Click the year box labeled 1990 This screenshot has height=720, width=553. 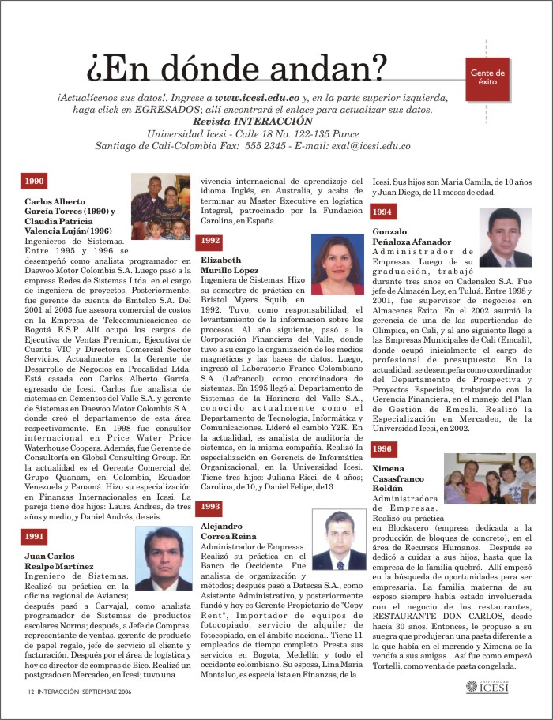[34, 181]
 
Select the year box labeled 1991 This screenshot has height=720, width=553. [34, 536]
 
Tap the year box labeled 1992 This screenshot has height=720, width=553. [210, 240]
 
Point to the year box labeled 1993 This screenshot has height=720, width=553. [210, 506]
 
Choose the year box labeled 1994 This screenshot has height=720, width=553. [382, 212]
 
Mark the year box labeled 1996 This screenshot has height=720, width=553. [382, 448]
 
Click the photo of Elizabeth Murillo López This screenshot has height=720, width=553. [337, 264]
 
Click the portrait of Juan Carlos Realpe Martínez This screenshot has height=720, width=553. [164, 558]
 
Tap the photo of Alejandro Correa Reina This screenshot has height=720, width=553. [339, 540]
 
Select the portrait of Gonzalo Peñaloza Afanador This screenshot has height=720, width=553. [505, 237]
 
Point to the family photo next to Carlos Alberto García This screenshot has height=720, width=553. [160, 206]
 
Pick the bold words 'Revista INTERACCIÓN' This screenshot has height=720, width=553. [252, 122]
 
